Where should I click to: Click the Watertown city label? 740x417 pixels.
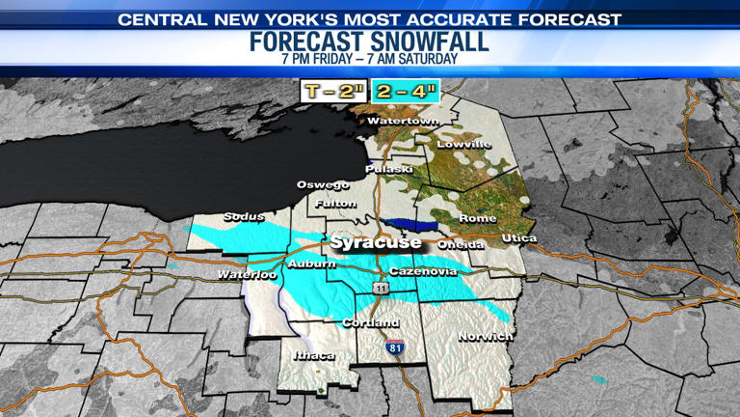pos(403,122)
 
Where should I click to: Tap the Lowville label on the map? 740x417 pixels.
pos(463,145)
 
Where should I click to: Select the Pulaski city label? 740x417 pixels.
pos(389,170)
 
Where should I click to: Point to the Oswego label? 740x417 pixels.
pos(323,184)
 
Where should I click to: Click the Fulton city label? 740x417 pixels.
pos(337,204)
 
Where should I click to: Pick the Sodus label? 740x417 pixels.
pos(244,217)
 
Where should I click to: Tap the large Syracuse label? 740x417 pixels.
pos(376,242)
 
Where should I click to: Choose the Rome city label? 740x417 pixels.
pos(477,218)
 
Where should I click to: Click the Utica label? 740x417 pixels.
pos(519,238)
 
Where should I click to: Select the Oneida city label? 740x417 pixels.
pos(461,245)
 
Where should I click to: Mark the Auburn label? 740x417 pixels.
pos(311,264)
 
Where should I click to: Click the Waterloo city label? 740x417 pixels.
pos(247,275)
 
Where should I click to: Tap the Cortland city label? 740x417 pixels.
pos(371,322)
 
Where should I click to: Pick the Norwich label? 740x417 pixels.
pos(485,336)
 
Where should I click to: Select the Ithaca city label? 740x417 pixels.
pos(313,356)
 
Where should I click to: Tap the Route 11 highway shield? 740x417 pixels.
pos(383,289)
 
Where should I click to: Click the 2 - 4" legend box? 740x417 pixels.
pos(405,93)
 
